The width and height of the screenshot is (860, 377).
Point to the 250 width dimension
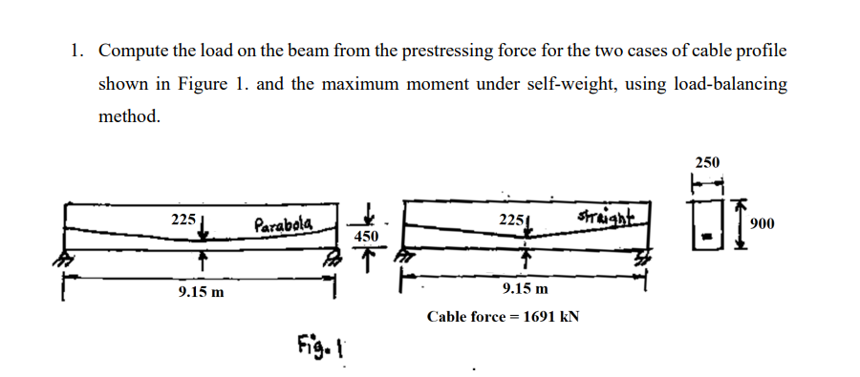pyautogui.click(x=709, y=161)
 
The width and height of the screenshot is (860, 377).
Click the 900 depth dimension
pyautogui.click(x=761, y=223)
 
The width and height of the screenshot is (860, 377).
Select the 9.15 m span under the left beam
pyautogui.click(x=202, y=291)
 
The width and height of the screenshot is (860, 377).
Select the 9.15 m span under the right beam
pyautogui.click(x=526, y=287)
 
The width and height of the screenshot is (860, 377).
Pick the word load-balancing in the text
pyautogui.click(x=730, y=84)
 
